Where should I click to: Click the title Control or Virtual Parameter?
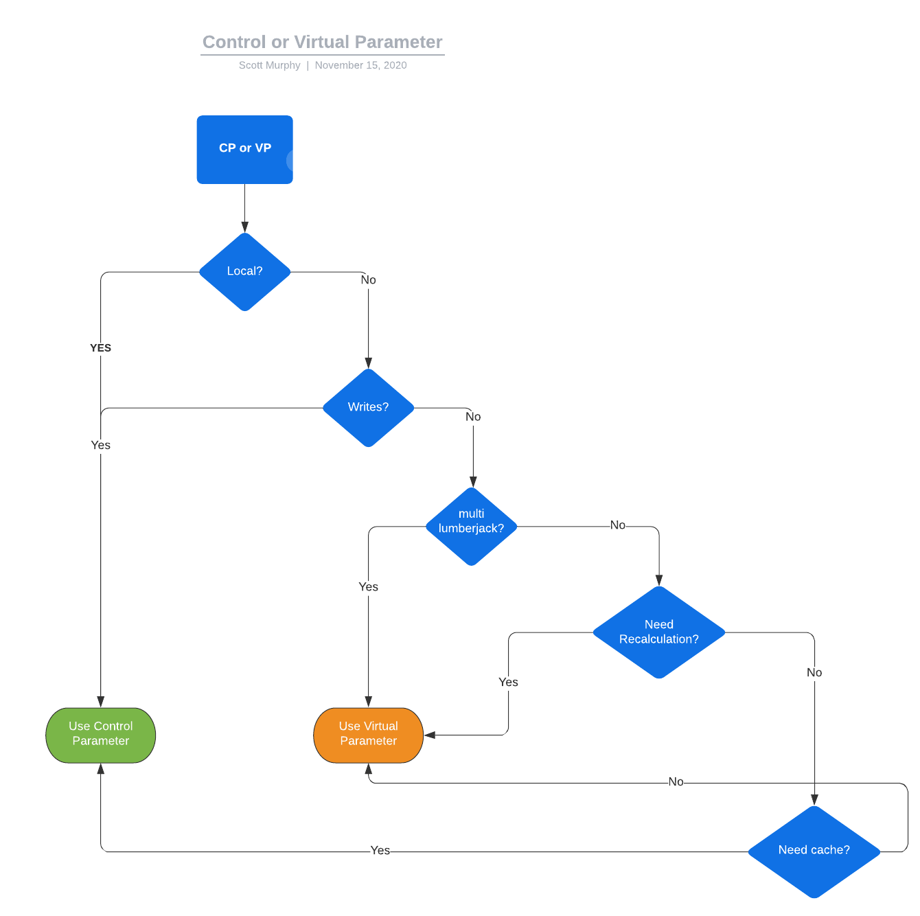pyautogui.click(x=322, y=42)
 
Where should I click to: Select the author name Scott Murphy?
pyautogui.click(x=269, y=65)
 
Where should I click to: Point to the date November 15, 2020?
pyautogui.click(x=360, y=65)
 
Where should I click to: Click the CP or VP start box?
pyautogui.click(x=244, y=149)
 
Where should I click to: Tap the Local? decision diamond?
pyautogui.click(x=244, y=272)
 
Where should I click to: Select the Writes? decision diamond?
pyautogui.click(x=368, y=408)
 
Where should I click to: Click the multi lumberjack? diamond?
pyautogui.click(x=471, y=527)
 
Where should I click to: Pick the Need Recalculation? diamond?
pyautogui.click(x=658, y=632)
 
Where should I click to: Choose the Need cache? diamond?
pyautogui.click(x=814, y=851)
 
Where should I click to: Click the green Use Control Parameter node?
pyautogui.click(x=101, y=735)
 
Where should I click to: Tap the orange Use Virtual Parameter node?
pyautogui.click(x=368, y=735)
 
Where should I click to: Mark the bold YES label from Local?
pyautogui.click(x=101, y=348)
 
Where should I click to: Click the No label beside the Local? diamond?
pyautogui.click(x=368, y=280)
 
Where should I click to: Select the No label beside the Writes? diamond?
pyautogui.click(x=473, y=417)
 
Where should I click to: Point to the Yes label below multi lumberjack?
pyautogui.click(x=368, y=587)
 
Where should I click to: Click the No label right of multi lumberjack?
pyautogui.click(x=617, y=525)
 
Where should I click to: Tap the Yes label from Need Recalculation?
pyautogui.click(x=508, y=683)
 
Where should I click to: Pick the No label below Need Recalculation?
pyautogui.click(x=814, y=673)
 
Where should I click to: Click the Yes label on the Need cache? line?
pyautogui.click(x=380, y=851)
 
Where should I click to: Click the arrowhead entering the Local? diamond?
pyautogui.click(x=244, y=227)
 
